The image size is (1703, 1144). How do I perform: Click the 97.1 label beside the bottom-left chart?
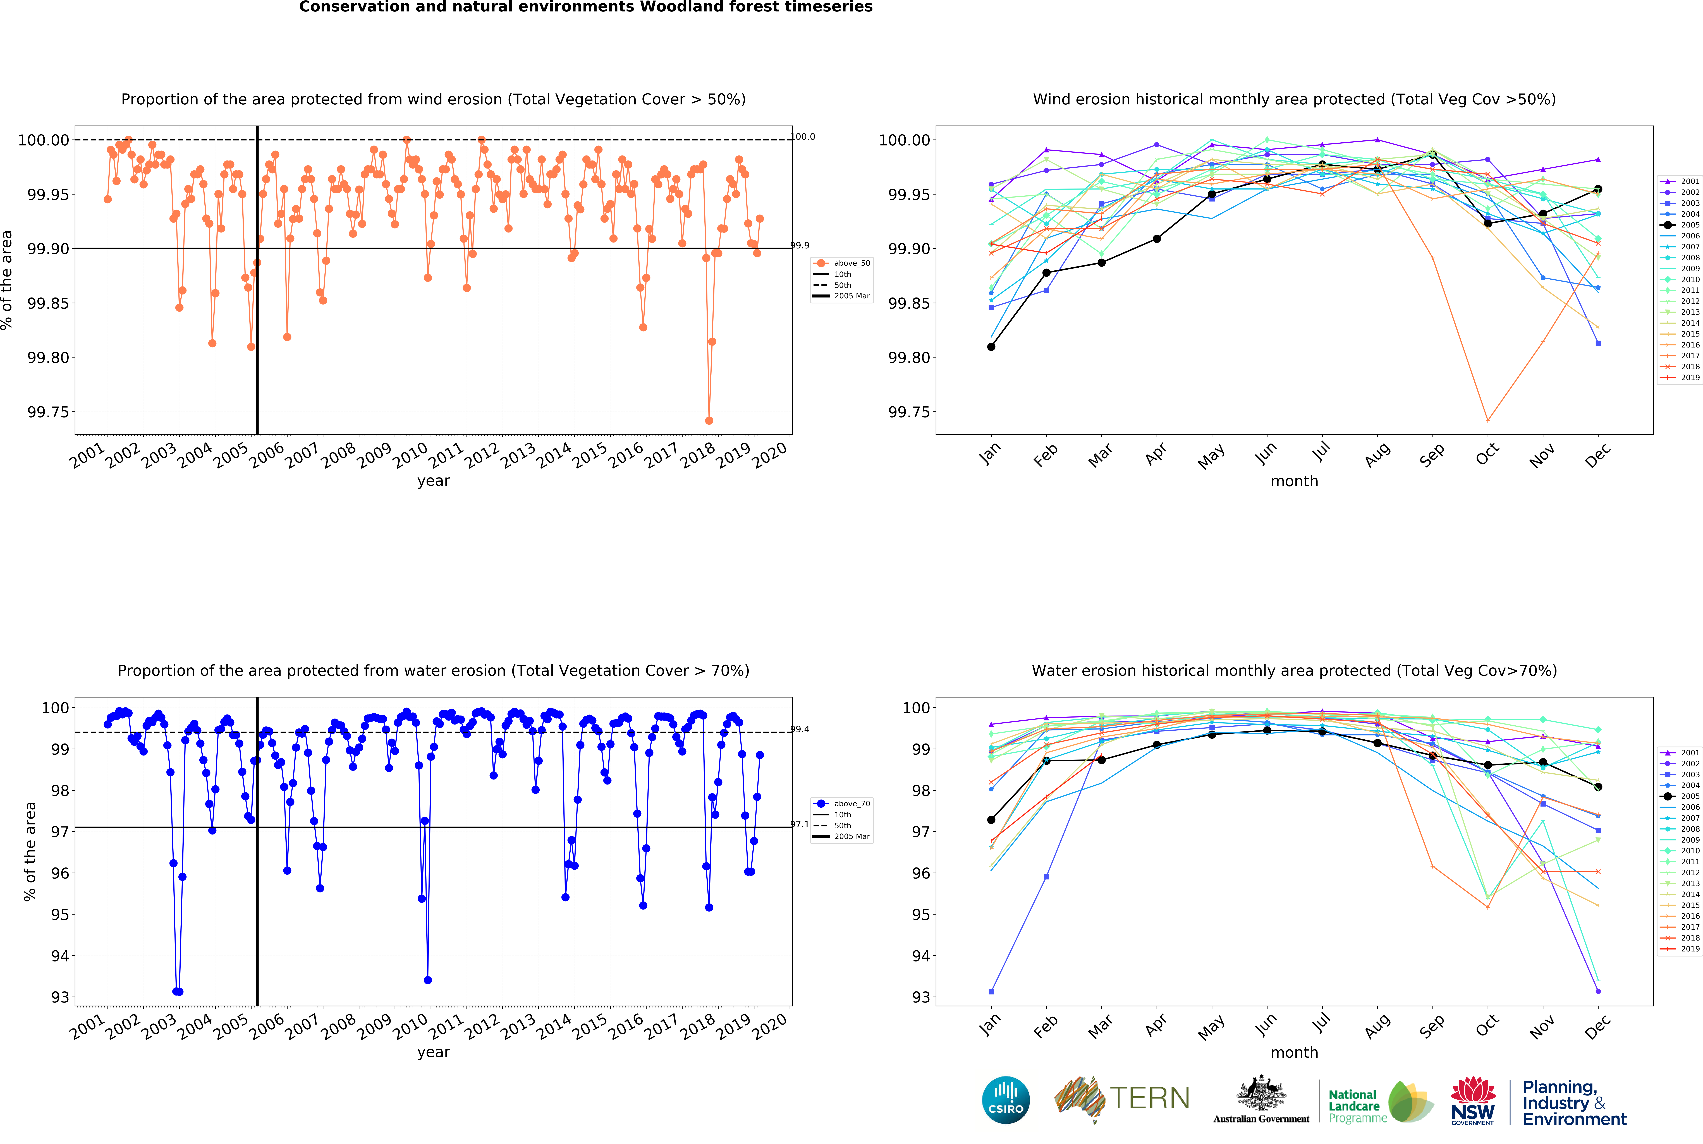point(800,824)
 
